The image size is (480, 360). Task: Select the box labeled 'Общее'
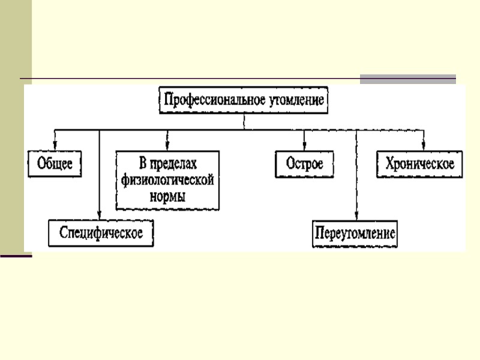tap(55, 163)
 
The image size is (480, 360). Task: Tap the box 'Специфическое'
tap(101, 233)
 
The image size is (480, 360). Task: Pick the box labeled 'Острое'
tap(305, 163)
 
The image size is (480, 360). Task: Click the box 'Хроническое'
tap(420, 163)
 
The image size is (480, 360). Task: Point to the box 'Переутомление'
tap(355, 233)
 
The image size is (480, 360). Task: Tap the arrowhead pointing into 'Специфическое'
tap(100, 217)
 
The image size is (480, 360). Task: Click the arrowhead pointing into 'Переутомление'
tap(356, 217)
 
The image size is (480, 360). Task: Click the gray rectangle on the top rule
tap(407, 79)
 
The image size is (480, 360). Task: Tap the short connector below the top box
tap(244, 121)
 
